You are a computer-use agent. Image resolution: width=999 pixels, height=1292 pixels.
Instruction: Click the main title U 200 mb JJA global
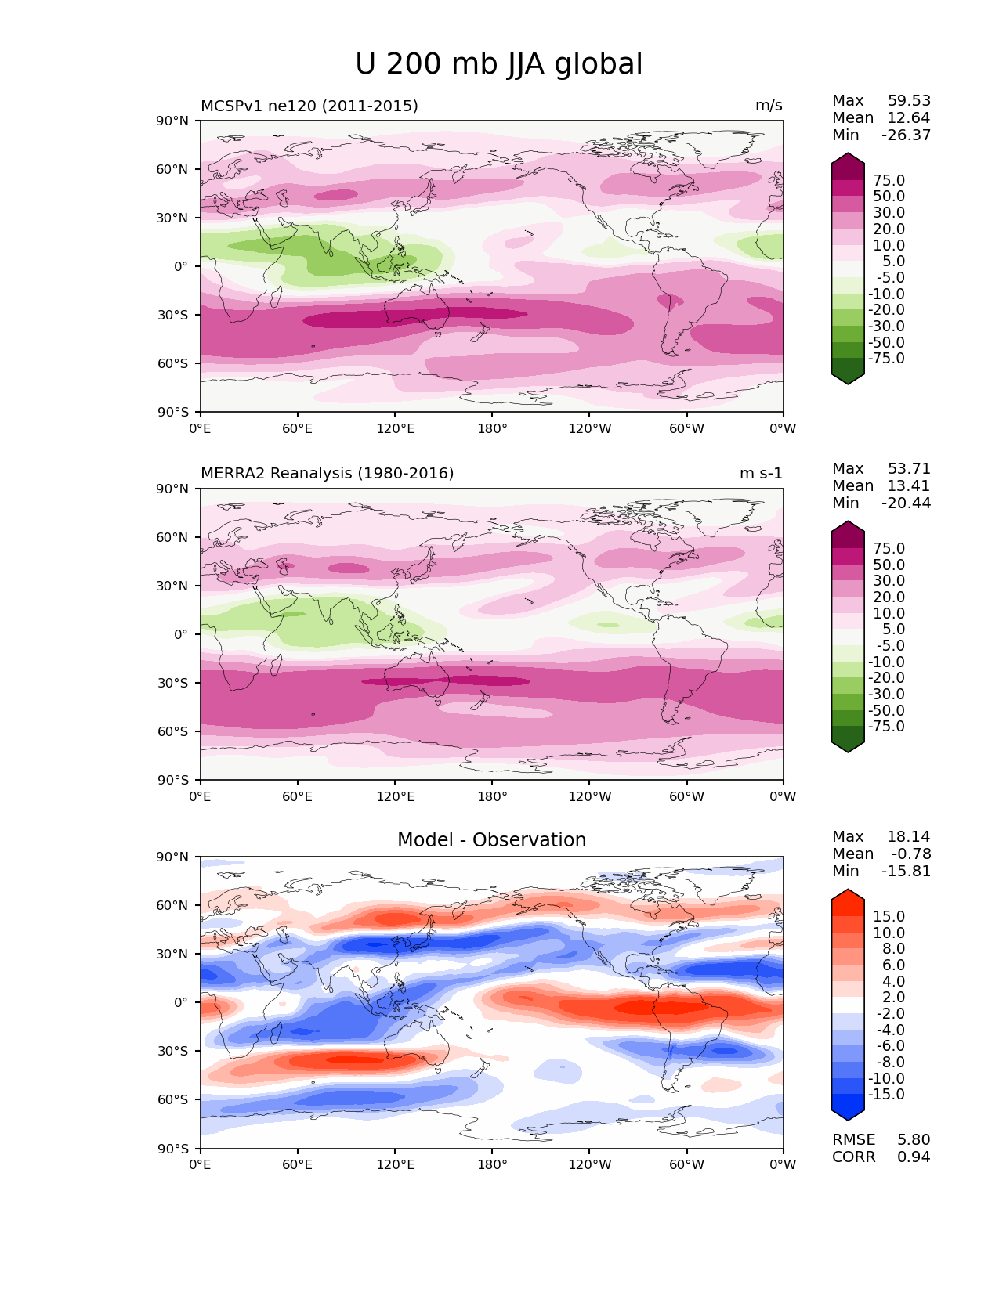(498, 64)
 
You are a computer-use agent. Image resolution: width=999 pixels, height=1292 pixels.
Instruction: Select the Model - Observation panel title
(491, 840)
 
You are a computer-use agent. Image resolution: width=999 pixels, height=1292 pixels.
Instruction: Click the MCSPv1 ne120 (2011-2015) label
(309, 106)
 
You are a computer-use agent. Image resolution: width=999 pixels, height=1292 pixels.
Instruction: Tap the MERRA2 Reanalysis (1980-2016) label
(327, 474)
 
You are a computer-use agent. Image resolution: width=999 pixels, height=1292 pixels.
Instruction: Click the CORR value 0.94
(914, 1157)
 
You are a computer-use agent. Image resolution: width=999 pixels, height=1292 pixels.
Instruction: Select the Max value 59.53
(909, 101)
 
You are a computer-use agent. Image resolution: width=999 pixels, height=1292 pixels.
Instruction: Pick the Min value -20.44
(906, 503)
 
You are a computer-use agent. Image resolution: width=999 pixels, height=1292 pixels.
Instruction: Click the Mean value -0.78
(911, 854)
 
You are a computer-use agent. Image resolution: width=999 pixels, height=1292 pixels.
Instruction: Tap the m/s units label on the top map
(769, 106)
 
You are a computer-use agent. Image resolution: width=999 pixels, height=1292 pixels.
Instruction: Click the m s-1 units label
(761, 474)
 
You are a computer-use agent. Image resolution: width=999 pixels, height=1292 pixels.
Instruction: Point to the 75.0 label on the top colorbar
(889, 181)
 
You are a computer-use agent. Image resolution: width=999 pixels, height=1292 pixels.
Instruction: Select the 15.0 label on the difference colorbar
(889, 917)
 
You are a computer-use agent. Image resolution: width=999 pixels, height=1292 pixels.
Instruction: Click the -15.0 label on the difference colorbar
(886, 1095)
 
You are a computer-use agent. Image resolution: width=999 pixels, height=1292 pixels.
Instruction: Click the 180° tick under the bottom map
(492, 1165)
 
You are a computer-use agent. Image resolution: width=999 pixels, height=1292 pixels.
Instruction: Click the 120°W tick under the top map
(590, 429)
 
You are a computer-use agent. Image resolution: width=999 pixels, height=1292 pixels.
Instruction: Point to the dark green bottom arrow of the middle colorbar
(848, 745)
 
